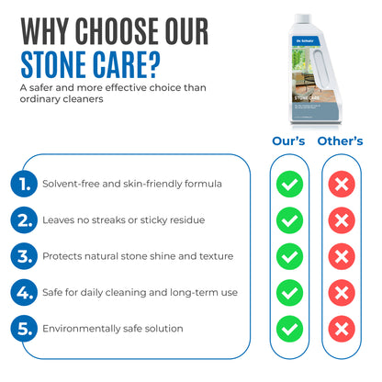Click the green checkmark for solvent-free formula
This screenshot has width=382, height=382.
(x=289, y=185)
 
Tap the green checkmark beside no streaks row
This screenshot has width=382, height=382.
(x=289, y=220)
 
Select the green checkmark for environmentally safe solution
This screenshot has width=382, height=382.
(x=289, y=328)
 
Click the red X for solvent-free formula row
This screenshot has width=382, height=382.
(x=342, y=185)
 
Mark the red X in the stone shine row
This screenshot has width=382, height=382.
(x=342, y=256)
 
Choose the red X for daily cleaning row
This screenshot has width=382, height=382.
(x=342, y=292)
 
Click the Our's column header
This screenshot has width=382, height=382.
(x=289, y=141)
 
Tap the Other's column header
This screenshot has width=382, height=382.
(x=341, y=141)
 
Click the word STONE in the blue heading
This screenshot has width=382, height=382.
(x=61, y=65)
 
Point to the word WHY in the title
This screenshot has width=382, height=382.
(x=54, y=30)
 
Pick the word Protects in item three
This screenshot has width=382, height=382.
(x=65, y=256)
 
